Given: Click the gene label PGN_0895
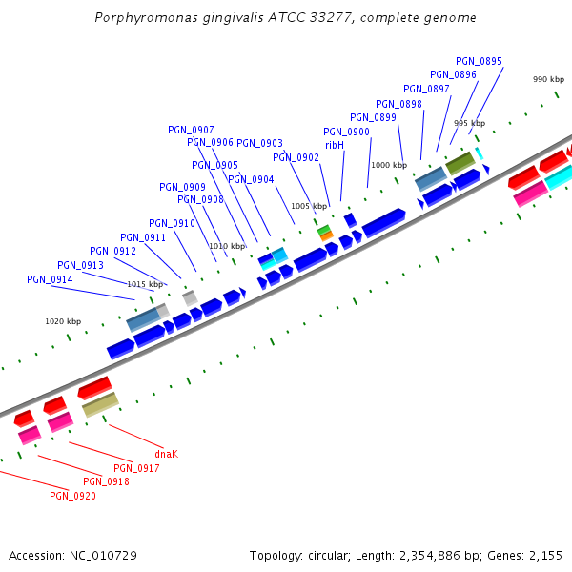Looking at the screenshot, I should [479, 61].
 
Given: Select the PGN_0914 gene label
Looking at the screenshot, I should [51, 279].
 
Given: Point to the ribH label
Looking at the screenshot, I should [335, 145].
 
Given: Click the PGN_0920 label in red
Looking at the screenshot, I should [72, 496].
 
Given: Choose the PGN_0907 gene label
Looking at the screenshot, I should [191, 130].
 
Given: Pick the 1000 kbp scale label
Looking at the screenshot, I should [388, 165].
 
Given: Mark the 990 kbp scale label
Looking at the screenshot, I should [548, 79].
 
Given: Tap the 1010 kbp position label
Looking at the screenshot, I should [226, 246].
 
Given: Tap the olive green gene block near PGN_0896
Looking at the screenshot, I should [460, 163].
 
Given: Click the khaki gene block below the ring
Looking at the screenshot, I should [100, 405].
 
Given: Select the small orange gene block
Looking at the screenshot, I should [326, 235].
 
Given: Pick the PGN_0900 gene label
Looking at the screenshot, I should [346, 132].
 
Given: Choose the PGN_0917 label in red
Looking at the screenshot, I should [136, 468].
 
